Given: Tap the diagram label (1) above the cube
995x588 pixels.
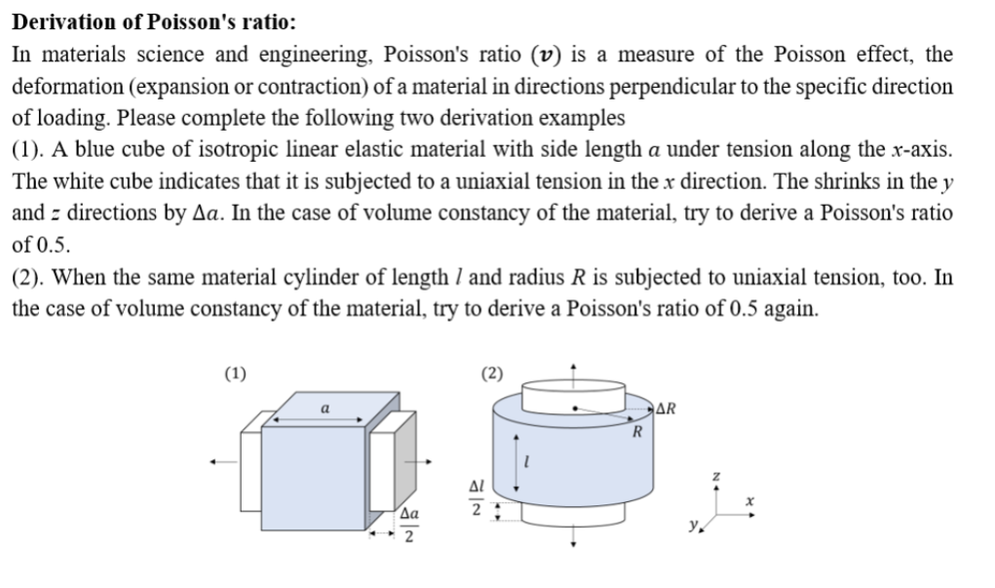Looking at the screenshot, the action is click(x=235, y=372).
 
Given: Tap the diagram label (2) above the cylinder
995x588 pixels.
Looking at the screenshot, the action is click(x=493, y=372).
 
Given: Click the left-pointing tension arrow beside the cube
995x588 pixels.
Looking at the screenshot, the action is click(x=219, y=462).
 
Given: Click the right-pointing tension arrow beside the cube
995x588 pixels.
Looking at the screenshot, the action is click(x=426, y=462).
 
